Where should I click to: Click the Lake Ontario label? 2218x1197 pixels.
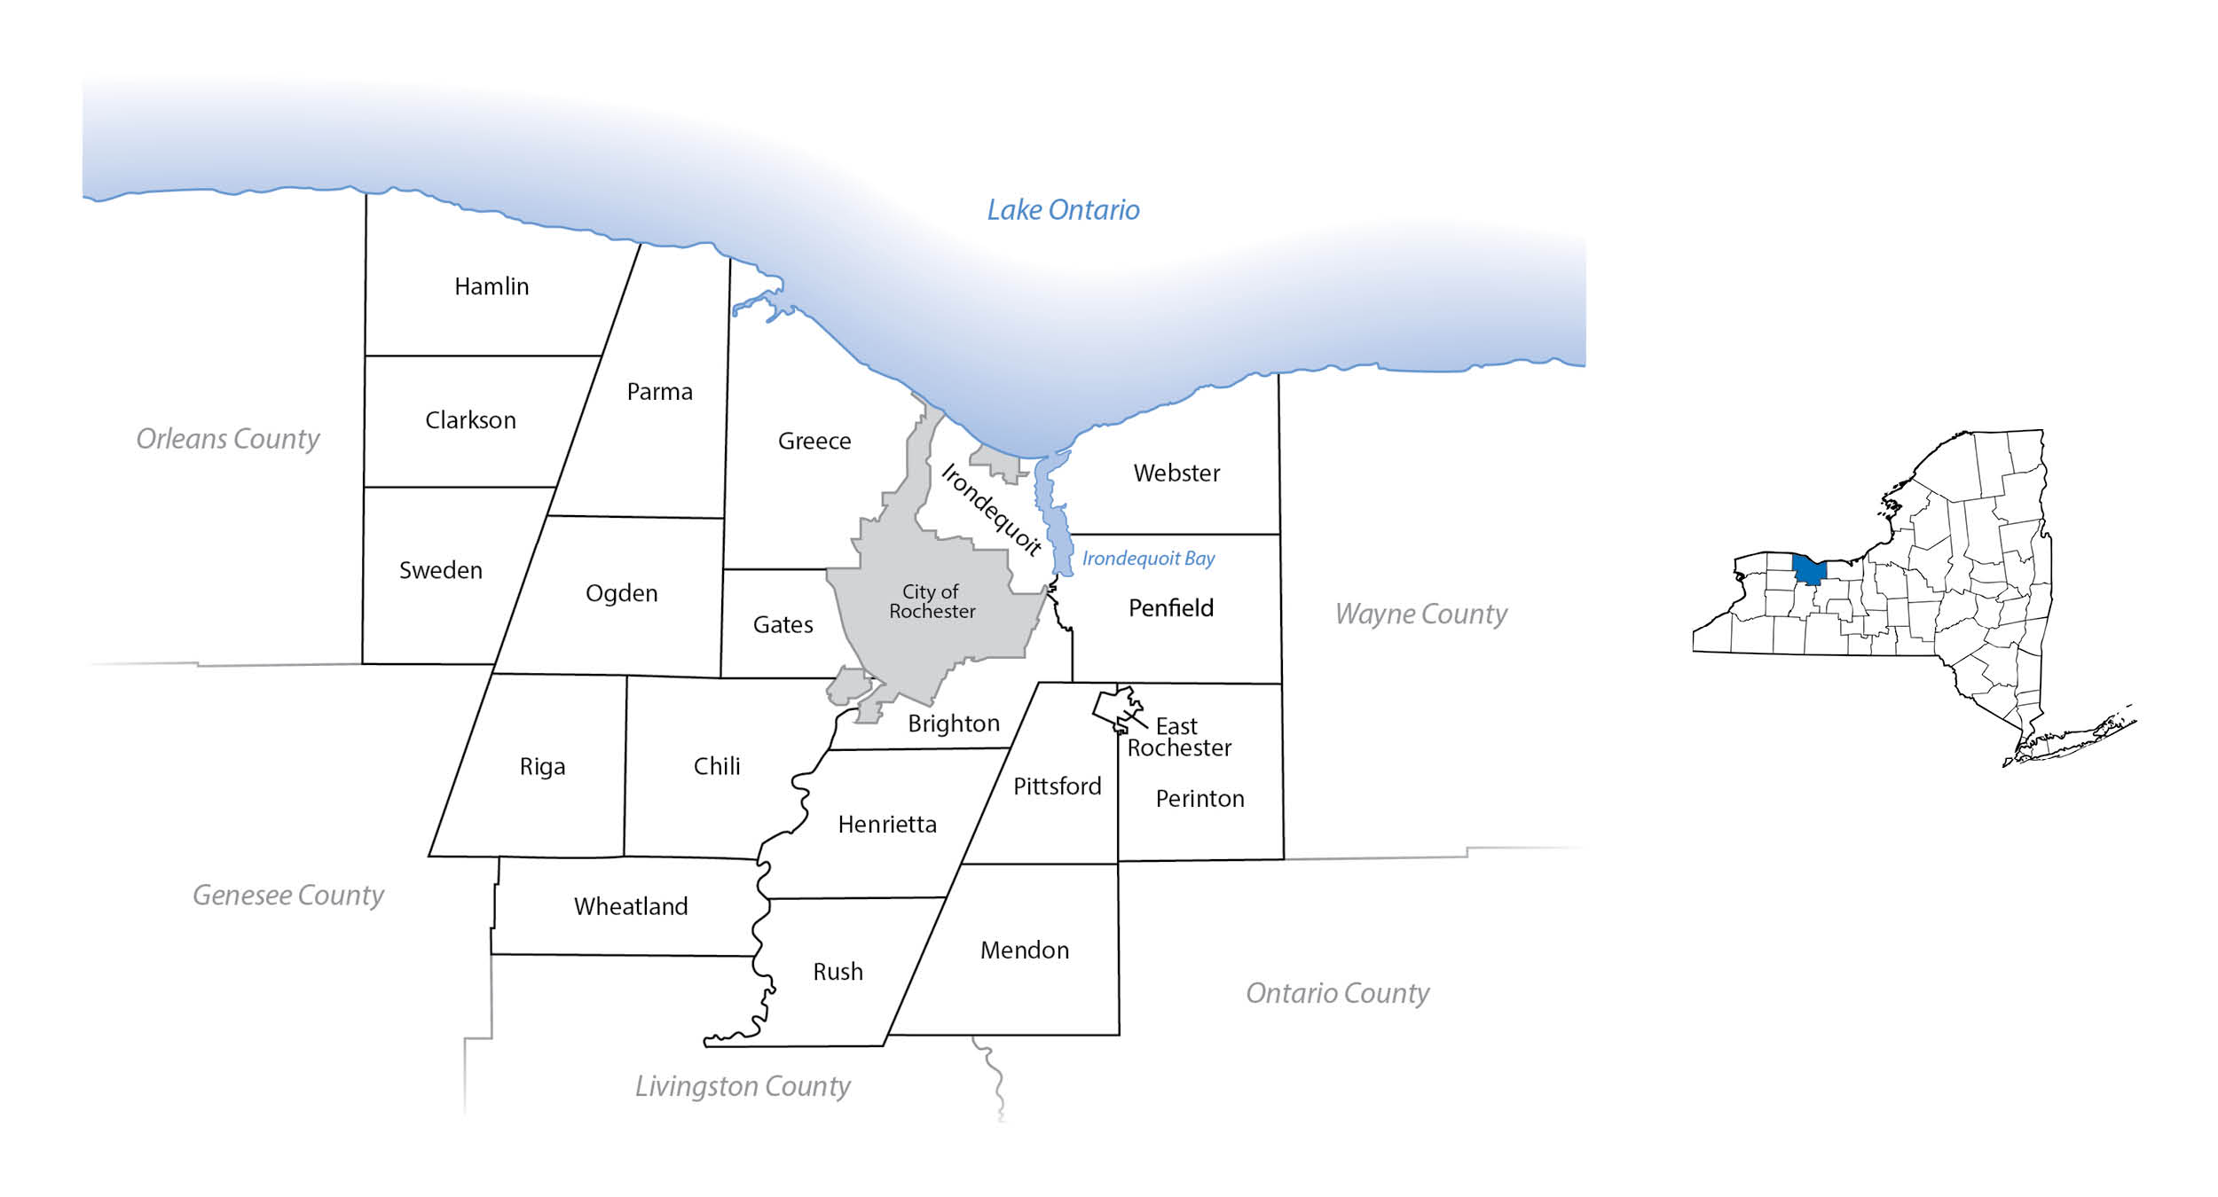click(x=1063, y=210)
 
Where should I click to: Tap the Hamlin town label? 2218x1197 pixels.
click(x=492, y=286)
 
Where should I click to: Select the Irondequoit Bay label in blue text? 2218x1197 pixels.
click(x=1148, y=559)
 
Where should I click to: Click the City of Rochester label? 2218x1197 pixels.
click(x=932, y=601)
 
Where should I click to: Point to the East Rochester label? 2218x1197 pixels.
click(x=1179, y=737)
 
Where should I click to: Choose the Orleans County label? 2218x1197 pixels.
click(x=228, y=439)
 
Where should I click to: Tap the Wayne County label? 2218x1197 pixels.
click(x=1420, y=614)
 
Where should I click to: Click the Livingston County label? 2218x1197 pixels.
click(x=743, y=1086)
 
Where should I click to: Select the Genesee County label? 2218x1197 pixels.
click(x=288, y=895)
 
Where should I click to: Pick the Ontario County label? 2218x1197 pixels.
click(x=1337, y=993)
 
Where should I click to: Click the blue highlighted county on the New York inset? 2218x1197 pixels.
click(x=1808, y=570)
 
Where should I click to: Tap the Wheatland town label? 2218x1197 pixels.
click(x=631, y=906)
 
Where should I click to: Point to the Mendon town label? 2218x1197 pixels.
click(x=1024, y=951)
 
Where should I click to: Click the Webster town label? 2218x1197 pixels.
click(x=1176, y=473)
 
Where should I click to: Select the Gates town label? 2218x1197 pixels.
click(x=783, y=625)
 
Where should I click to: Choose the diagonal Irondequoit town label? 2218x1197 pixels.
click(x=991, y=510)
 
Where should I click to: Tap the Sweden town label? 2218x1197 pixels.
click(x=441, y=570)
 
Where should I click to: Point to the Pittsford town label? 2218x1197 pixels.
click(x=1057, y=786)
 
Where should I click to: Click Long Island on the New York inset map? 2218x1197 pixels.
click(x=2076, y=736)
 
